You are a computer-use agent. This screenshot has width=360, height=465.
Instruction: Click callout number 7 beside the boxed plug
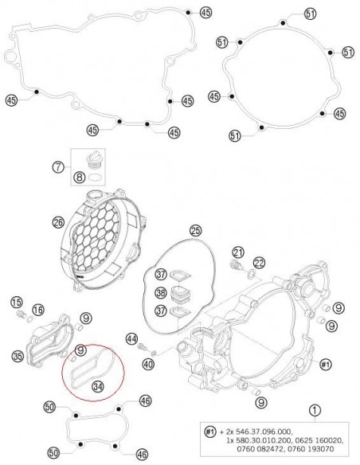(58, 167)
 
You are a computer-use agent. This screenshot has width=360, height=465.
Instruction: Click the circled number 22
(258, 264)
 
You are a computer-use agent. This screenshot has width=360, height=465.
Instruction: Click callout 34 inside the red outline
(98, 386)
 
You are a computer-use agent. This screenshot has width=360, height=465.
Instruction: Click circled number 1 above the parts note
(316, 412)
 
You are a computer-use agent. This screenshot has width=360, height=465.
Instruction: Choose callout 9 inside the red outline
(80, 350)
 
